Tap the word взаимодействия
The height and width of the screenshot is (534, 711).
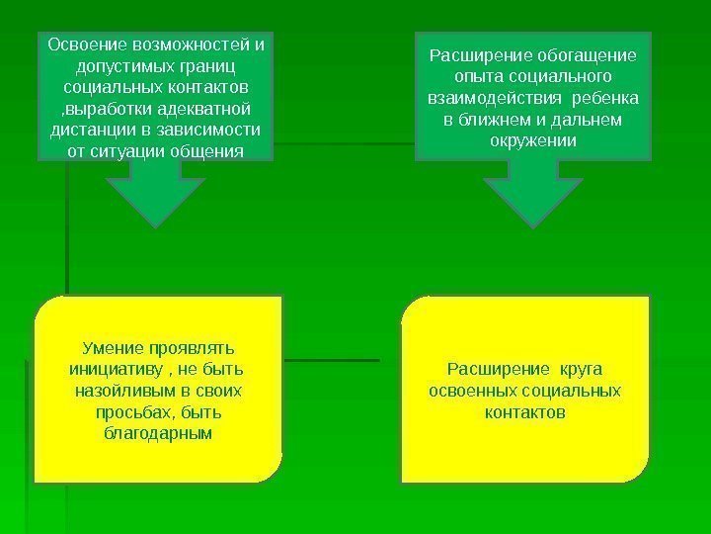(x=488, y=99)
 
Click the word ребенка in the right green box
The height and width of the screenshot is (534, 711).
(x=605, y=99)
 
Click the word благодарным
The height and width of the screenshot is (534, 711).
(x=157, y=433)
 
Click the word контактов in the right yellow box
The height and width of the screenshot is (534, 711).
(x=525, y=412)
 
